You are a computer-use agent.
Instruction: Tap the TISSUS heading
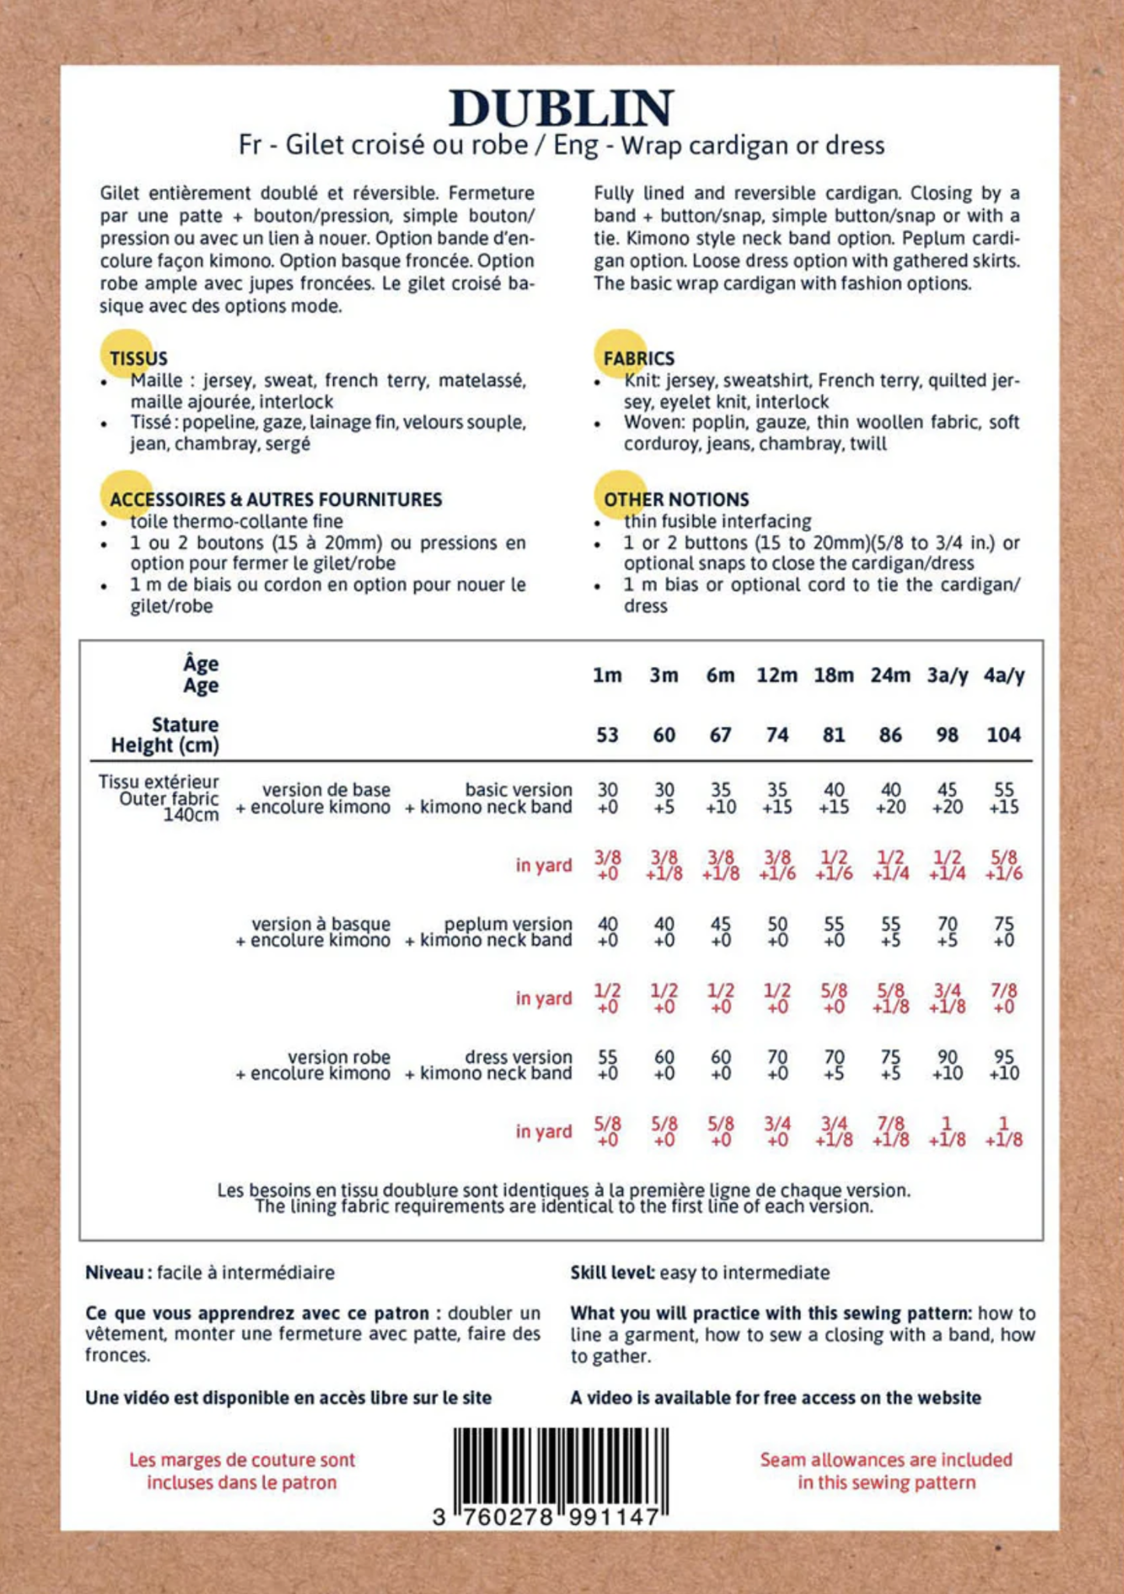click(139, 359)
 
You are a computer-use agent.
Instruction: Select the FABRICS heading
click(638, 359)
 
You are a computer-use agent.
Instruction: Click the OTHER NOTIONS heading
click(676, 500)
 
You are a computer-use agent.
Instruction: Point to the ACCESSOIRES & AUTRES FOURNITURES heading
click(276, 500)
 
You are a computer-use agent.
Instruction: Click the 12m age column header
click(776, 676)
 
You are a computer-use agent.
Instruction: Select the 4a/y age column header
click(1003, 676)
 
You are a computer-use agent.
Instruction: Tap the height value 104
click(1003, 735)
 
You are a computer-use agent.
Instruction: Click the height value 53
click(607, 735)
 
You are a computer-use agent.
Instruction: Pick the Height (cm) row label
click(165, 746)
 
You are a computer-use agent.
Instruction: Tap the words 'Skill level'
click(612, 1273)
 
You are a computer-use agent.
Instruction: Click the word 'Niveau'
click(114, 1273)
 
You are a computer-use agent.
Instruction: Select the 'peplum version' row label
click(508, 924)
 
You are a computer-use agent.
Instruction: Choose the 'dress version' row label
click(518, 1057)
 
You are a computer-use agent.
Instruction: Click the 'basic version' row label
click(518, 790)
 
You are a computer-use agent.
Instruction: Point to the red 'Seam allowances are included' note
click(886, 1470)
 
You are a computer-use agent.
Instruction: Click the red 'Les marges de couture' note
click(241, 1470)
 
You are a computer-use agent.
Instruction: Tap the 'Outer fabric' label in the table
click(169, 799)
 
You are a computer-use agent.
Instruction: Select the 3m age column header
click(664, 676)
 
